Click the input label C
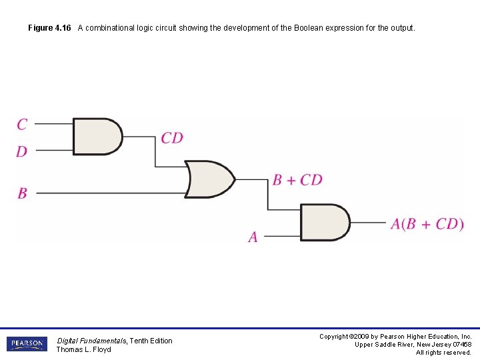[x=22, y=124]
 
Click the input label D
[x=22, y=151]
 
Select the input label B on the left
[x=22, y=193]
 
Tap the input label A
[x=253, y=237]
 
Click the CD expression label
[x=172, y=138]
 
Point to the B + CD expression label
[x=297, y=180]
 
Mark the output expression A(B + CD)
[x=427, y=223]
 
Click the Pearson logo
[x=27, y=344]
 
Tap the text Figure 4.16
[x=49, y=28]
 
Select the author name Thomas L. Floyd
[x=83, y=349]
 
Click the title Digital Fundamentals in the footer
[x=91, y=341]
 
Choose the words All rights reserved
[x=443, y=353]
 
